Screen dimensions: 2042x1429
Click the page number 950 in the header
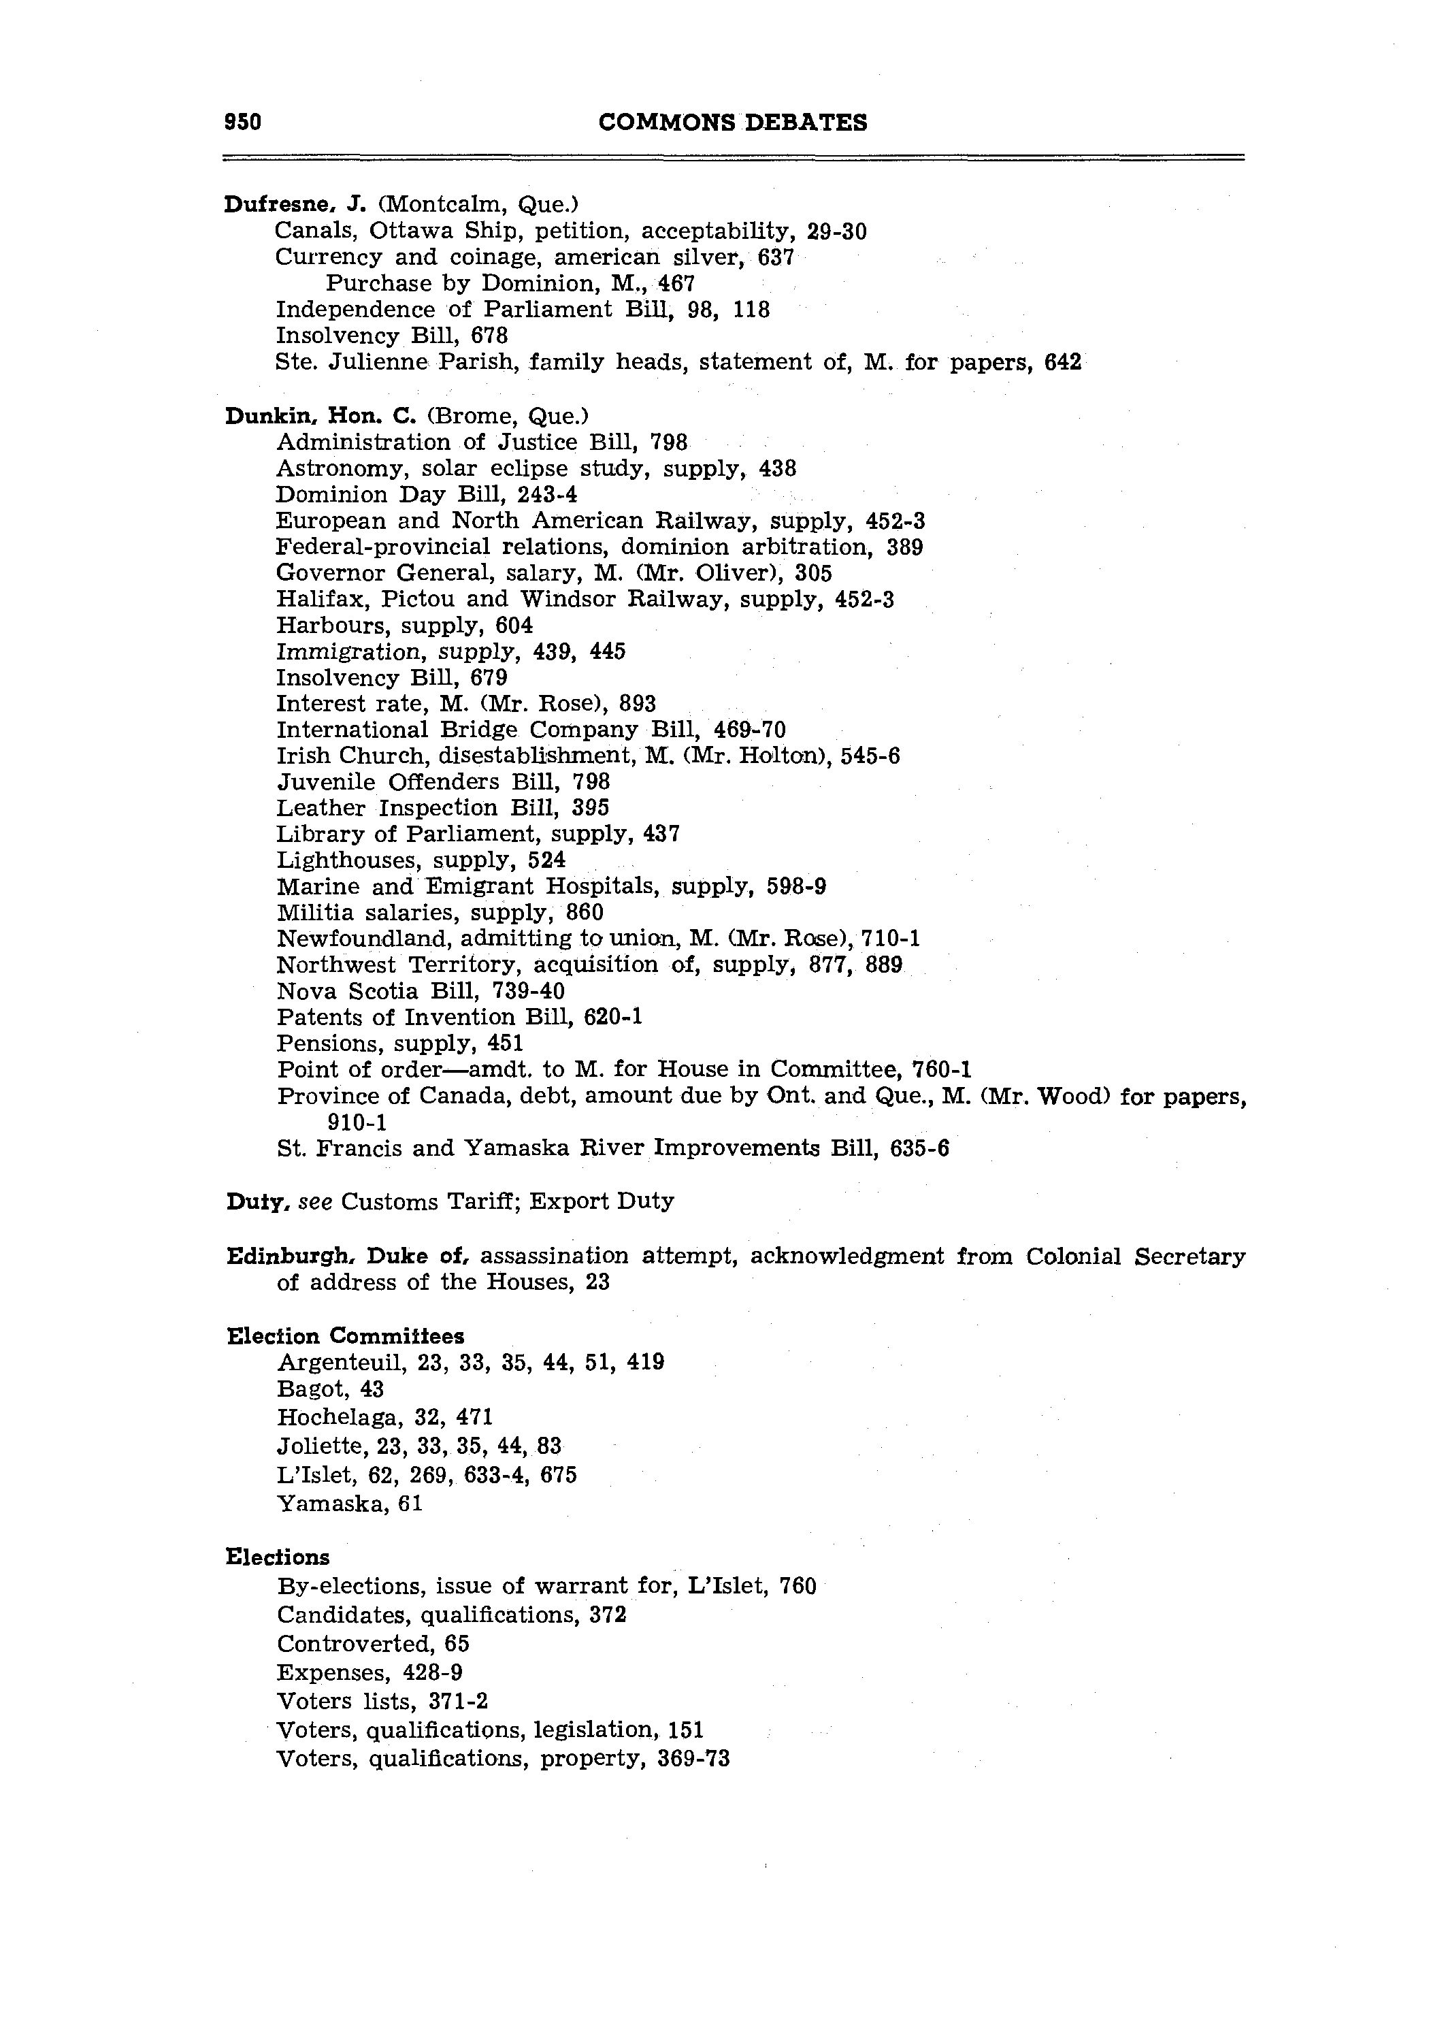[243, 122]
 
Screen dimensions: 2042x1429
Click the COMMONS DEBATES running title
[733, 122]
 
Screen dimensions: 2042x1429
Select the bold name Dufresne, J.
[290, 205]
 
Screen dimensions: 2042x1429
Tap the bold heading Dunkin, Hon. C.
[321, 415]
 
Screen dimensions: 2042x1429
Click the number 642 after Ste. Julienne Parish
[1063, 362]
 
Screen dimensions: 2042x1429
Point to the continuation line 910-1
[357, 1122]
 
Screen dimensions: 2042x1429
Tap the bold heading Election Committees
[345, 1336]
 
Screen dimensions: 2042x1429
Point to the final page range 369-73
[693, 1758]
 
